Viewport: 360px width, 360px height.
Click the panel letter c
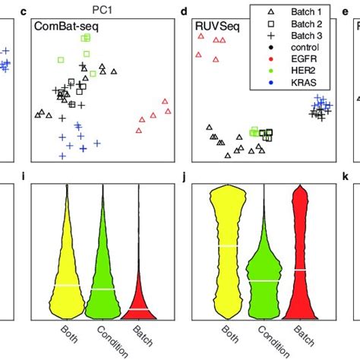point(27,11)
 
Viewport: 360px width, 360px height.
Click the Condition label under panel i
point(105,340)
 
